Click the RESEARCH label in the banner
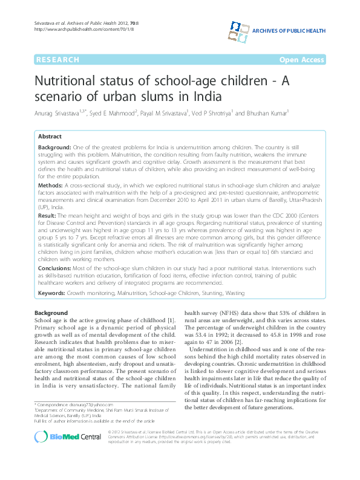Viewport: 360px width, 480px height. point(57,59)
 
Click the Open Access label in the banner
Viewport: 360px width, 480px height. point(301,59)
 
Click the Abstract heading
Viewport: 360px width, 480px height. point(50,137)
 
